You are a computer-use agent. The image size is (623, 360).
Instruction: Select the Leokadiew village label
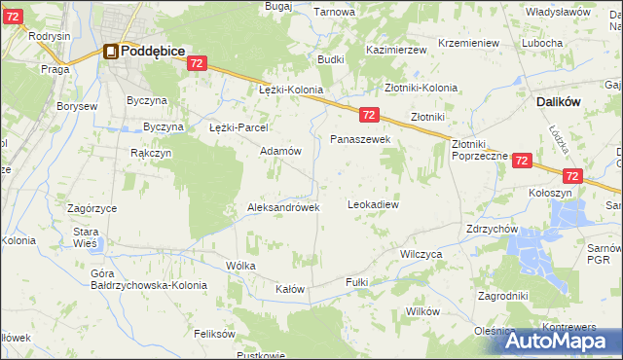[374, 205]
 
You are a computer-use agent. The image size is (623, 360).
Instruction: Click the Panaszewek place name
[360, 140]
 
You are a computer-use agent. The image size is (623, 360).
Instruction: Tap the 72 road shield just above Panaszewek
[368, 115]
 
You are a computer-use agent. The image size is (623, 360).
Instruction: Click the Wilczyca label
[421, 253]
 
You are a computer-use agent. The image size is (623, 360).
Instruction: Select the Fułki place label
[357, 281]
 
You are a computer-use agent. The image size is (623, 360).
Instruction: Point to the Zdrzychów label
[492, 229]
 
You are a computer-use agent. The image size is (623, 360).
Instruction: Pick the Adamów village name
[279, 152]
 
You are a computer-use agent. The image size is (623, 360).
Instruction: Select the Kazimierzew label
[398, 49]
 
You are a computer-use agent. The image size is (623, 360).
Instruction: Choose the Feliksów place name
[215, 333]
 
